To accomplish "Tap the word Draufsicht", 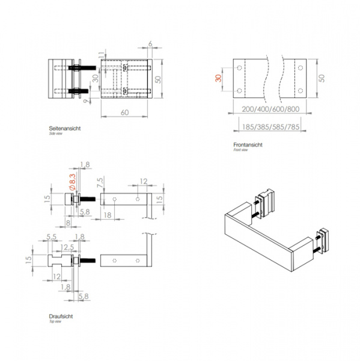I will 61,316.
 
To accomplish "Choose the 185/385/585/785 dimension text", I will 269,126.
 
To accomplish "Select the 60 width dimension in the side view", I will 124,112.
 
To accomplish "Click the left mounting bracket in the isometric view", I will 266,202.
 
